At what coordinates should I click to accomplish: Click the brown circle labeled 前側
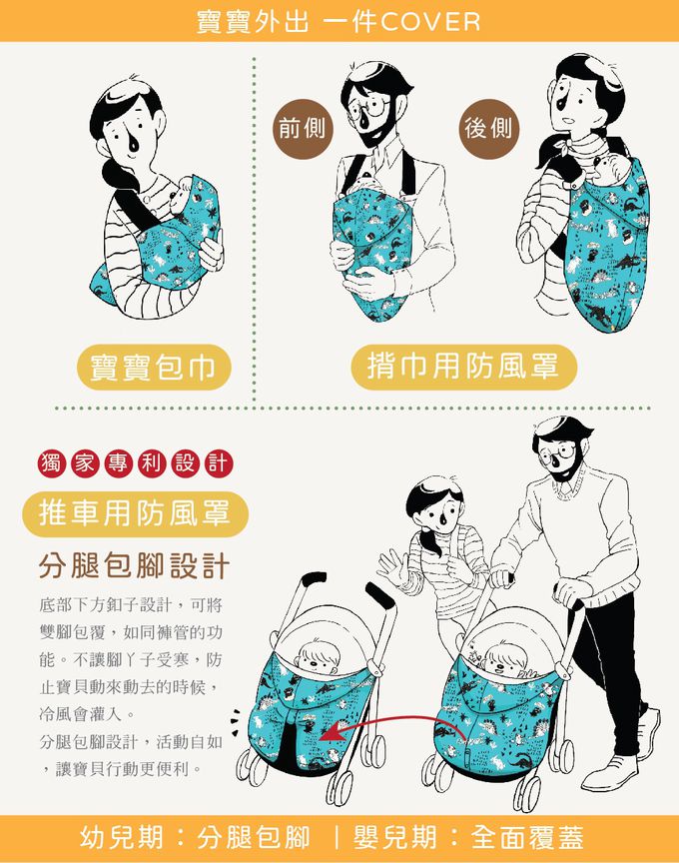[x=303, y=128]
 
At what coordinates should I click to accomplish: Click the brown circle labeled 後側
[x=488, y=128]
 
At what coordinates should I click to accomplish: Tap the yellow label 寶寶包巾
[x=154, y=368]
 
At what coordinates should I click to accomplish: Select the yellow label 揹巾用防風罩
[x=464, y=367]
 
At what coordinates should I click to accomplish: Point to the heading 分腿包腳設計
[x=134, y=566]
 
